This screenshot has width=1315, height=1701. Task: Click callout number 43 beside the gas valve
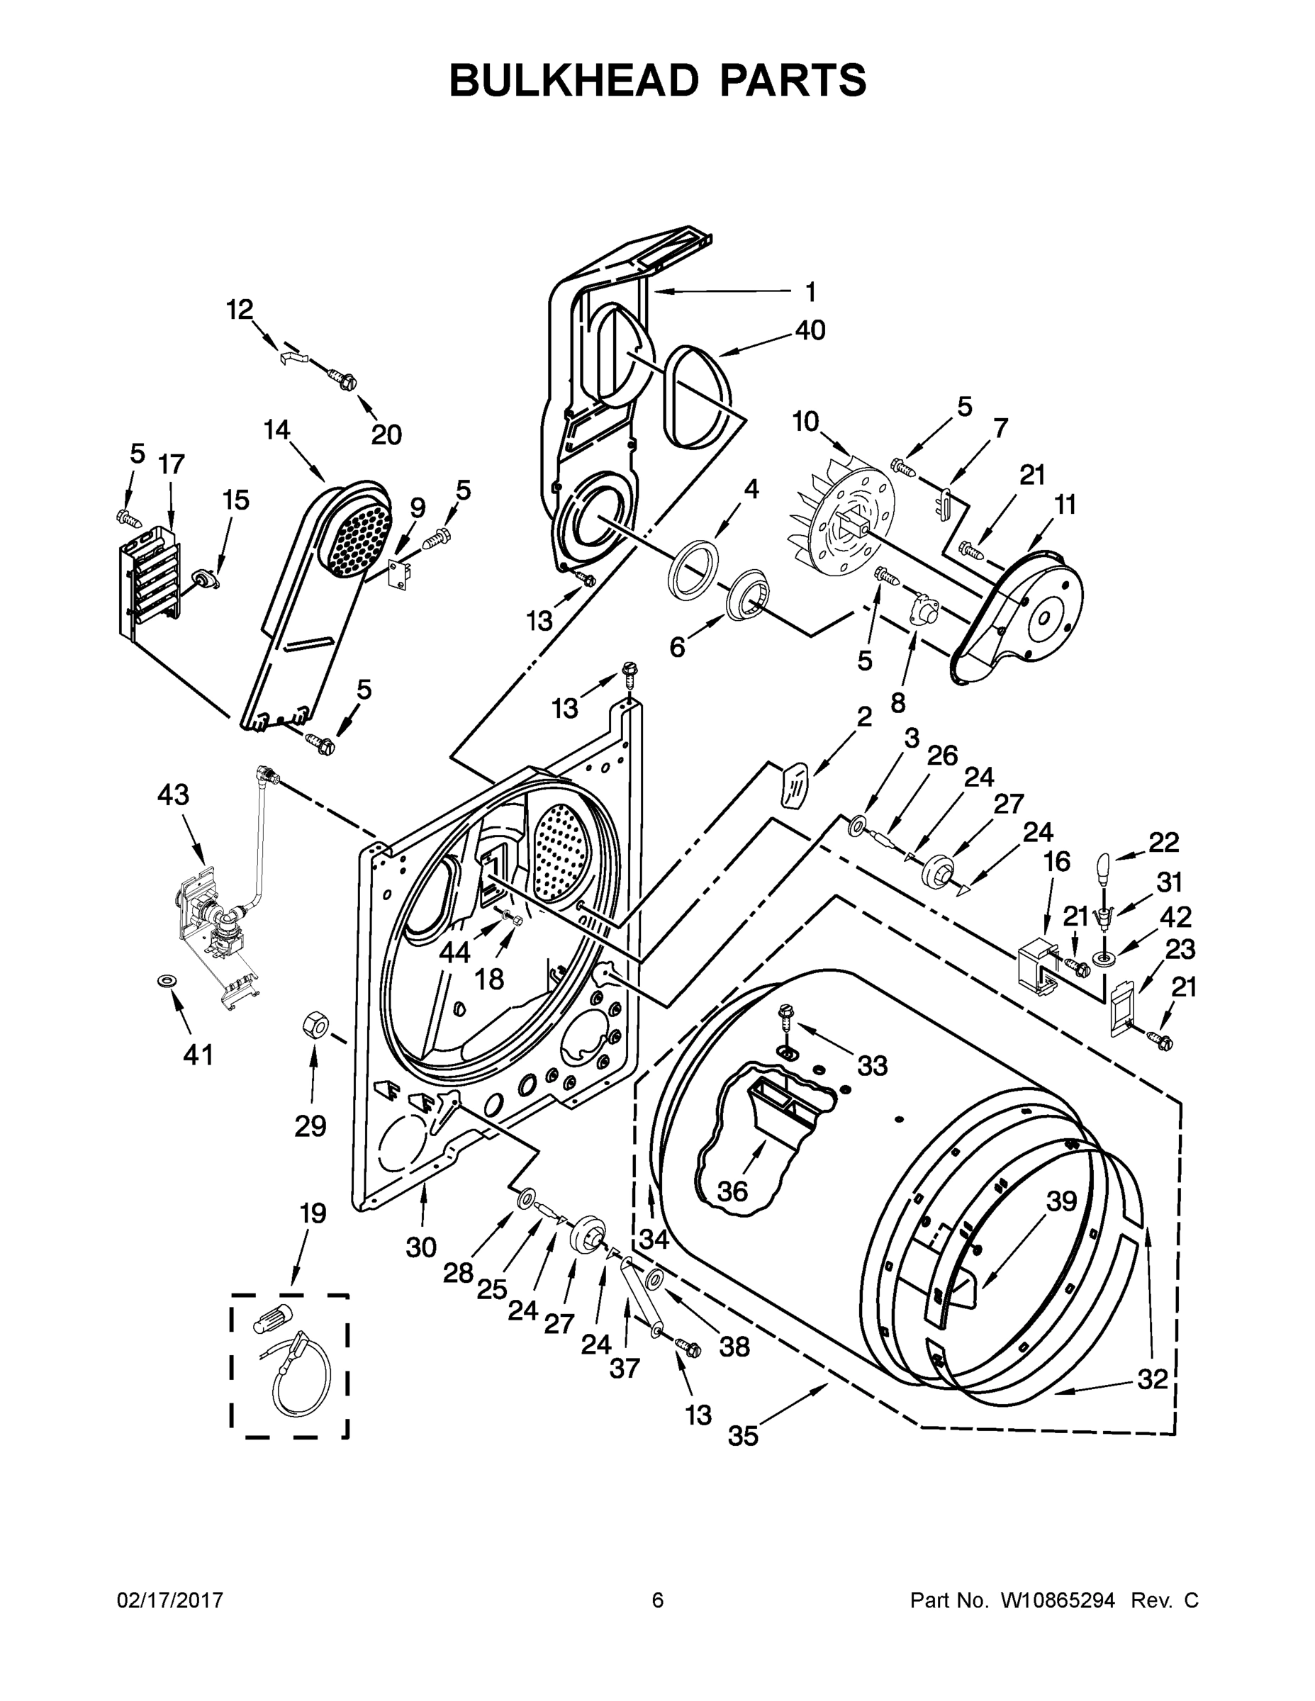(x=173, y=795)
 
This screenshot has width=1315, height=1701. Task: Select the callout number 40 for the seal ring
(x=810, y=330)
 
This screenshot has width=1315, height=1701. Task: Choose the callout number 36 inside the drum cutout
(x=732, y=1191)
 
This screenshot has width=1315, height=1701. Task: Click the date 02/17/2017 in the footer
(x=170, y=1600)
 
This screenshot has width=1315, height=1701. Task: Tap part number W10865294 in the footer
(x=1057, y=1600)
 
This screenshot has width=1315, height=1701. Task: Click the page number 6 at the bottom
(x=658, y=1600)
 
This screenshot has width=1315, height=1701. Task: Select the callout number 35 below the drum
(x=742, y=1436)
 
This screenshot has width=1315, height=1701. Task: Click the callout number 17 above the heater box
(x=172, y=464)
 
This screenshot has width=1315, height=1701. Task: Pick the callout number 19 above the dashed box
(x=313, y=1213)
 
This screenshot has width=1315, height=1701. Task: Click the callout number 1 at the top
(x=810, y=292)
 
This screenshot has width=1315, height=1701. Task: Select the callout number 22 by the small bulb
(x=1164, y=842)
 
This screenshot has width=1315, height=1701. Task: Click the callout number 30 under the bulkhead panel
(x=420, y=1247)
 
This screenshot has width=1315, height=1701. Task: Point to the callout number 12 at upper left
(x=240, y=309)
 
